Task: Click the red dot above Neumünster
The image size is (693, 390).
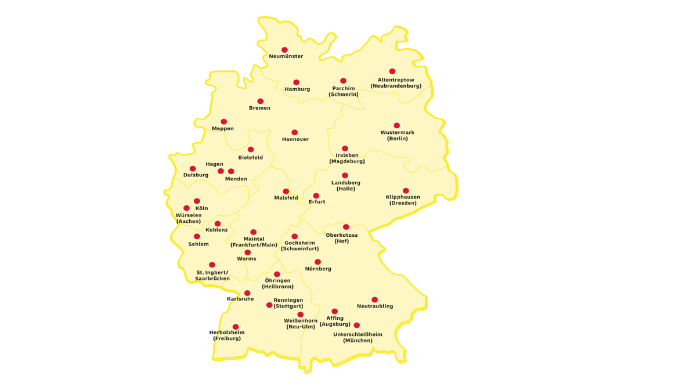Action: click(x=284, y=50)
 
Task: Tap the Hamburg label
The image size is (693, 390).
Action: click(x=297, y=89)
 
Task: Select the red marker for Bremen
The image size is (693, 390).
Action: click(x=261, y=102)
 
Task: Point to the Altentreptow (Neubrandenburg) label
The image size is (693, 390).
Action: click(x=396, y=83)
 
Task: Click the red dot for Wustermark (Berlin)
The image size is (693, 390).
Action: click(x=397, y=125)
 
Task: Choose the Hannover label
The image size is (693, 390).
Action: click(x=295, y=139)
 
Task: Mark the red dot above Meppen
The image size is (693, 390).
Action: click(x=223, y=122)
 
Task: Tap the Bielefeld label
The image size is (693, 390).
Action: click(x=251, y=157)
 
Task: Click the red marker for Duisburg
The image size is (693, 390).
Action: click(x=193, y=169)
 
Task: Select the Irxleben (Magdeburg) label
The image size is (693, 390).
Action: click(x=347, y=158)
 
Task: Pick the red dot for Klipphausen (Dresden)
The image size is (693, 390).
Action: click(x=406, y=191)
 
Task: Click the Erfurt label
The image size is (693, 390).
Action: click(x=317, y=202)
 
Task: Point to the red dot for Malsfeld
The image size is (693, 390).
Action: click(x=286, y=192)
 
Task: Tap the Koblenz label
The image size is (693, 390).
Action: click(x=216, y=230)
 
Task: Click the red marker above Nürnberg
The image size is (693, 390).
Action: click(x=317, y=262)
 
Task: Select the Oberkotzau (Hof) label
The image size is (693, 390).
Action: click(x=342, y=238)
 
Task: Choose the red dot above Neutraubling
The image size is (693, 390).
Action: click(x=374, y=300)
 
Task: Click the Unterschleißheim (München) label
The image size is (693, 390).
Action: click(x=358, y=337)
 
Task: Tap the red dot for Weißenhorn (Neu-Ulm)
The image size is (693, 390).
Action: click(x=300, y=315)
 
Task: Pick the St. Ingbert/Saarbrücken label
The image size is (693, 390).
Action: click(x=212, y=275)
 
